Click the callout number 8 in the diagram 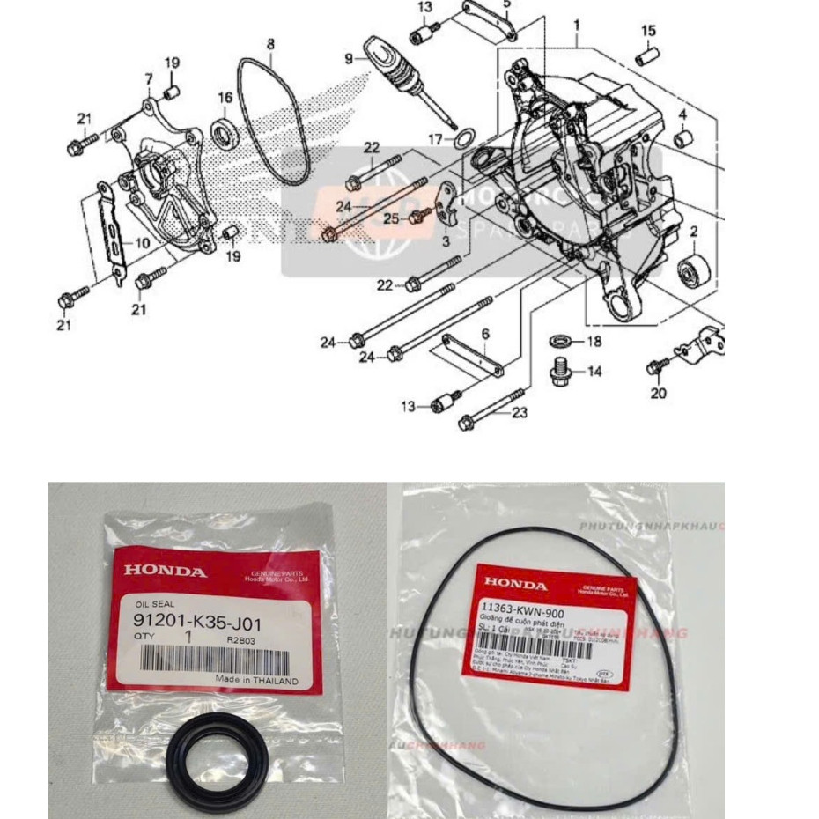pyautogui.click(x=270, y=44)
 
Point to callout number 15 pyautogui.click(x=648, y=32)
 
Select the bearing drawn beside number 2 pyautogui.click(x=695, y=267)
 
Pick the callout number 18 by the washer pyautogui.click(x=594, y=341)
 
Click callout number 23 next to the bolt pyautogui.click(x=520, y=412)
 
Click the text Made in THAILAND pyautogui.click(x=257, y=681)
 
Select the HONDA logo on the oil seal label pyautogui.click(x=166, y=572)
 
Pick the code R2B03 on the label pyautogui.click(x=242, y=640)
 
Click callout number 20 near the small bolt pyautogui.click(x=659, y=394)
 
